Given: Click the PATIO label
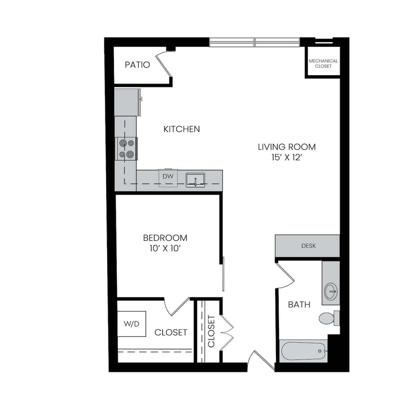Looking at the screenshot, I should pyautogui.click(x=137, y=65).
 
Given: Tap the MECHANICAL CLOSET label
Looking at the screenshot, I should pyautogui.click(x=323, y=63).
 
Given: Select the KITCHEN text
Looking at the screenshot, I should pyautogui.click(x=181, y=129).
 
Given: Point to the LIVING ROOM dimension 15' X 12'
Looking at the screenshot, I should pyautogui.click(x=286, y=158).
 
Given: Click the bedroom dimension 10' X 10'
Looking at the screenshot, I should pyautogui.click(x=165, y=249).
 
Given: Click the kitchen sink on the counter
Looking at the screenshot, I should pyautogui.click(x=195, y=180).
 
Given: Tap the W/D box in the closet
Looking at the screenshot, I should pyautogui.click(x=131, y=324).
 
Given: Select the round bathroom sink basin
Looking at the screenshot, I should pyautogui.click(x=331, y=291).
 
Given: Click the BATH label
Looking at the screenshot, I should pyautogui.click(x=299, y=305).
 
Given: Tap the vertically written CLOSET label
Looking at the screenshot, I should pyautogui.click(x=211, y=331).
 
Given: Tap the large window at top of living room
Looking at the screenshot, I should pyautogui.click(x=255, y=42).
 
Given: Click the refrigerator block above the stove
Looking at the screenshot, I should pyautogui.click(x=127, y=102).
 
